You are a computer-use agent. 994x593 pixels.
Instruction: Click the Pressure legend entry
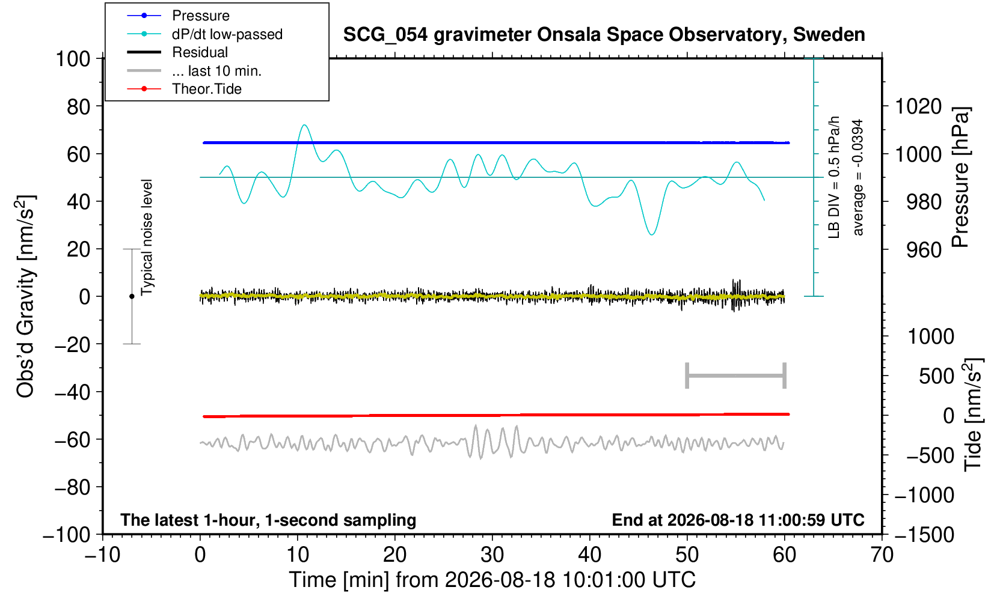[x=178, y=16]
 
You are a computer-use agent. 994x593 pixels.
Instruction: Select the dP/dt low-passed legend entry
[x=204, y=34]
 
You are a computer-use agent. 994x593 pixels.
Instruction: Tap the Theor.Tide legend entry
[x=184, y=89]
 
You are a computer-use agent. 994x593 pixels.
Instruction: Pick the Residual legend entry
[x=177, y=52]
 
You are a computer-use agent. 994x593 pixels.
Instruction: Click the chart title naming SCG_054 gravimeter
[x=604, y=35]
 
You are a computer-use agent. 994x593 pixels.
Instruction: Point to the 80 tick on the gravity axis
[x=79, y=106]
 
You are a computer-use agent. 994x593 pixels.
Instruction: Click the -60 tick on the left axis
[x=72, y=440]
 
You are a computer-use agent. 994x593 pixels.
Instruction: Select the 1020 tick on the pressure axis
[x=918, y=106]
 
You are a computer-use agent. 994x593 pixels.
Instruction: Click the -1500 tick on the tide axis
[x=924, y=535]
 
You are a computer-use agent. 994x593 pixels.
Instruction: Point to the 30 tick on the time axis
[x=492, y=555]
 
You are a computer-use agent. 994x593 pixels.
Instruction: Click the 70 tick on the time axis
[x=882, y=555]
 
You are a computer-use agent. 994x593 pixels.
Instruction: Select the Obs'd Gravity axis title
[x=25, y=296]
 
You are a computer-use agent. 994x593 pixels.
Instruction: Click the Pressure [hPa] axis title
[x=960, y=177]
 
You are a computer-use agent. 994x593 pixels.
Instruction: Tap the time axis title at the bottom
[x=492, y=580]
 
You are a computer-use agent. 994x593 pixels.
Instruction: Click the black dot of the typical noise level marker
[x=132, y=296]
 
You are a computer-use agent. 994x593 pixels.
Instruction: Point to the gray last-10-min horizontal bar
[x=736, y=376]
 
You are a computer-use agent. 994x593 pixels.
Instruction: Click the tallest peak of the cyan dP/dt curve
[x=304, y=125]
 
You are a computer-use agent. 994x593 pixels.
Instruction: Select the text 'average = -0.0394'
[x=857, y=177]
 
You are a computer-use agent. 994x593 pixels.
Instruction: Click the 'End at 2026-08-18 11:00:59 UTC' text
[x=738, y=520]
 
